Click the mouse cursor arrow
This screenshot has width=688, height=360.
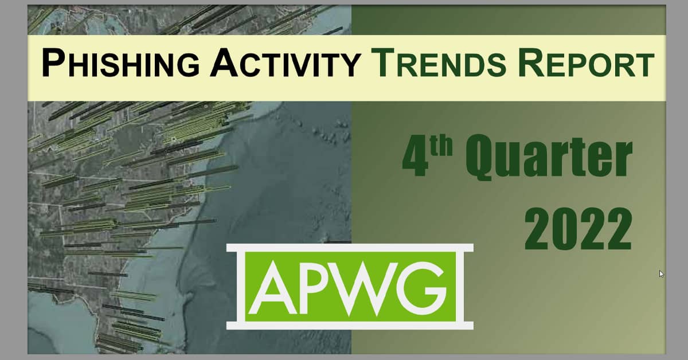click(x=662, y=274)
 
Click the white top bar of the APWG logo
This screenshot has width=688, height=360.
click(x=350, y=248)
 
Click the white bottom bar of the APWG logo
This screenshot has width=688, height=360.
click(x=350, y=326)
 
